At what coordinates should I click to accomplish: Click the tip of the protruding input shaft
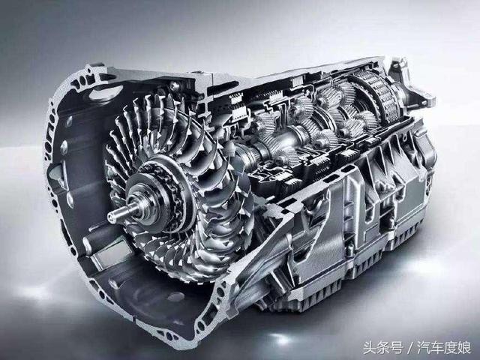(110, 216)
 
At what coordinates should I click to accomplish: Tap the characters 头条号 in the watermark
(382, 348)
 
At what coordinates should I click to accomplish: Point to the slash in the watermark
(410, 348)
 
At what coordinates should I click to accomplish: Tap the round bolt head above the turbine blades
(175, 86)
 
